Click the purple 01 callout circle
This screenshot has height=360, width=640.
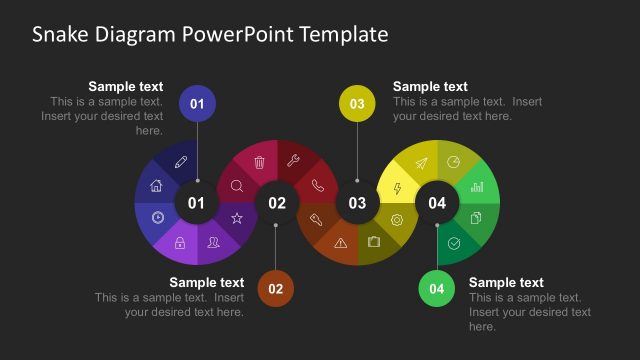pyautogui.click(x=197, y=104)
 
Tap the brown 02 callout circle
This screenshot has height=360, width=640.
pyautogui.click(x=276, y=289)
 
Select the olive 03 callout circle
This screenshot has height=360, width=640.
pyautogui.click(x=357, y=104)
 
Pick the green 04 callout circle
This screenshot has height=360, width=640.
pyautogui.click(x=437, y=289)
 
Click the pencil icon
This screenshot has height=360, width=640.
pyautogui.click(x=181, y=162)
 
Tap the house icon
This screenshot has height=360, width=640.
pyautogui.click(x=157, y=185)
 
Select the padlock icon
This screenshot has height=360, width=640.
pyautogui.click(x=180, y=242)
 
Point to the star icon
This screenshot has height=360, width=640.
pyautogui.click(x=237, y=218)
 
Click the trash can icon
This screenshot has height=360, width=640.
pyautogui.click(x=260, y=162)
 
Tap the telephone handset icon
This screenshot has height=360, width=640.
pyautogui.click(x=318, y=184)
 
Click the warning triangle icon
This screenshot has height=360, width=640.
pyautogui.click(x=341, y=242)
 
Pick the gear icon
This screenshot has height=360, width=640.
pyautogui.click(x=397, y=220)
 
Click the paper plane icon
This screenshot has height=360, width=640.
pyautogui.click(x=421, y=163)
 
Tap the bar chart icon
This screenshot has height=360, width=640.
pyautogui.click(x=477, y=186)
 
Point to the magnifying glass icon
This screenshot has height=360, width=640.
pyautogui.click(x=237, y=185)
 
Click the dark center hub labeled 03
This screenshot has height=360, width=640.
pyautogui.click(x=357, y=203)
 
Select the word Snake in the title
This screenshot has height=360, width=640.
pyautogui.click(x=58, y=35)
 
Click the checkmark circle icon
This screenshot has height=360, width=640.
pyautogui.click(x=454, y=242)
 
